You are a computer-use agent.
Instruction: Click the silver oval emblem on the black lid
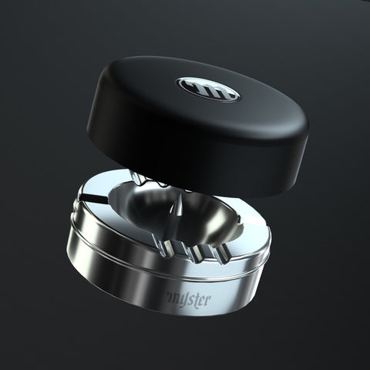coord(208,89)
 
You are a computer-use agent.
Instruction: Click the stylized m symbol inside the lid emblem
coord(208,89)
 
